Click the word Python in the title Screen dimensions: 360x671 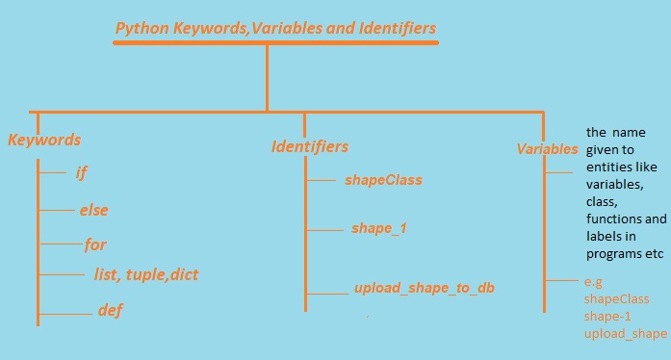tap(140, 29)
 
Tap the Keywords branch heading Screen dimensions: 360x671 tap(44, 141)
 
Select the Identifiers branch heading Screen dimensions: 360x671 tap(309, 147)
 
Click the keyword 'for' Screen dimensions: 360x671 tap(95, 244)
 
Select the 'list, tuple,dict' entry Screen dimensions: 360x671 tap(146, 275)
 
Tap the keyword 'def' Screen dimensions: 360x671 tap(111, 311)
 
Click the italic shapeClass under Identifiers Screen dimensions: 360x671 tap(382, 180)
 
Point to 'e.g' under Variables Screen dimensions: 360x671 tap(594, 282)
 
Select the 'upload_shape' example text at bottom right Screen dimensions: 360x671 tap(626, 333)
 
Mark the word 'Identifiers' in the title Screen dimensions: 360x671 tap(390, 29)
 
